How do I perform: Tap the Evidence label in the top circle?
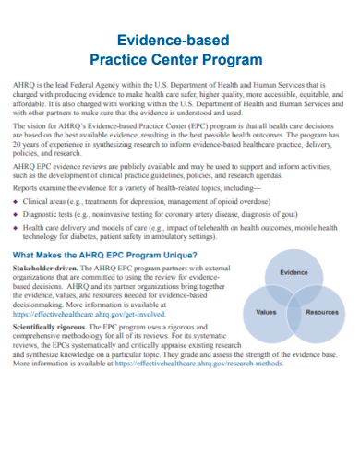293,272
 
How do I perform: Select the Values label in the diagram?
266,312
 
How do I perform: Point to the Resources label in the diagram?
321,312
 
